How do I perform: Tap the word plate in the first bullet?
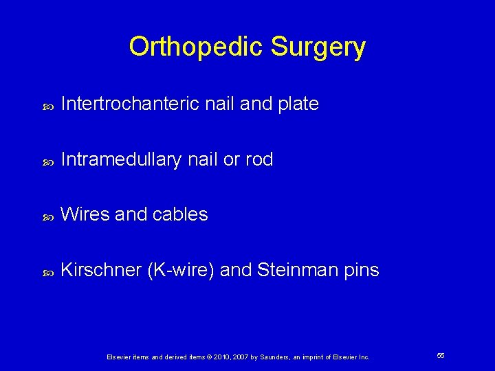(297, 104)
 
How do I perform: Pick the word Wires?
(85, 214)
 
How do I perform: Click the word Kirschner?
(102, 270)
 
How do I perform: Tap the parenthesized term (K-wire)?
(181, 270)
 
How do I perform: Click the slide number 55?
(440, 356)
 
